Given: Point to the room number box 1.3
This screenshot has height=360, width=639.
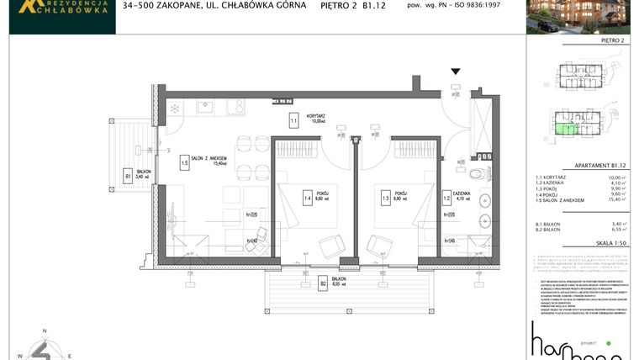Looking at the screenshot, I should point(386,199).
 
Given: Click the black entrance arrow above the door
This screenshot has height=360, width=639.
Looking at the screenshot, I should point(456,72).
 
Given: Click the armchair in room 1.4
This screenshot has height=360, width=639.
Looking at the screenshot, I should point(330,246).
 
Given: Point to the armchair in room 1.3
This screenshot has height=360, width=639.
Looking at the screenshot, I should point(379,246).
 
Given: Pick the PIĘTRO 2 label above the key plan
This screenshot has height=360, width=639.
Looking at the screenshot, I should point(616,40).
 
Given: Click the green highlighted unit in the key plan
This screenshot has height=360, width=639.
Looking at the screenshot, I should point(569,128).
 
